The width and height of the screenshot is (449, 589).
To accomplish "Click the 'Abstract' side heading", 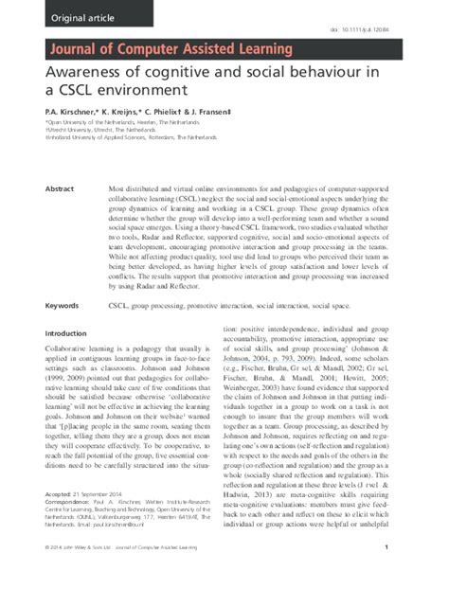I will click(60, 163).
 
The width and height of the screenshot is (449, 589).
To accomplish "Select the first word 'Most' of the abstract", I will click(118, 163).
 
